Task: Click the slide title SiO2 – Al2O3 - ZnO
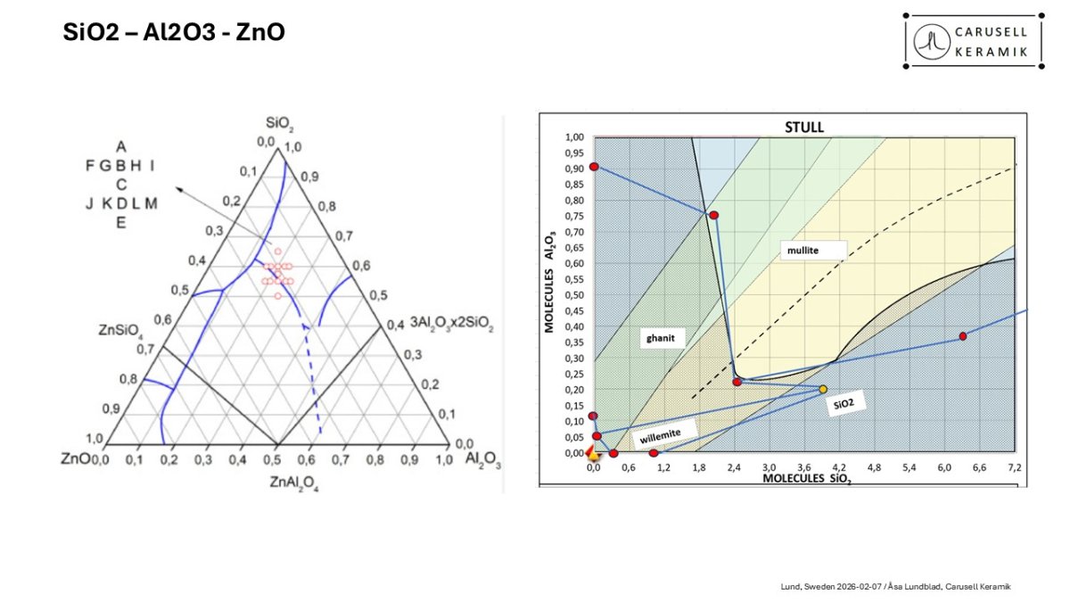[174, 33]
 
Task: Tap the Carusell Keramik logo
[973, 41]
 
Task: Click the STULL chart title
[803, 127]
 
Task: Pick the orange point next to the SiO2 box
[823, 389]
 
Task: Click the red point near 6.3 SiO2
[963, 336]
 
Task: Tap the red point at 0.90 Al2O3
[594, 167]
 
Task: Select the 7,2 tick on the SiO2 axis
[1014, 466]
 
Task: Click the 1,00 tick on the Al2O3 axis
[574, 137]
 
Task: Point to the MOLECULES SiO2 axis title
[805, 480]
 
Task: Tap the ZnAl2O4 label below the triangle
[295, 482]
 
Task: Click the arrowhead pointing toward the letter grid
[178, 189]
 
